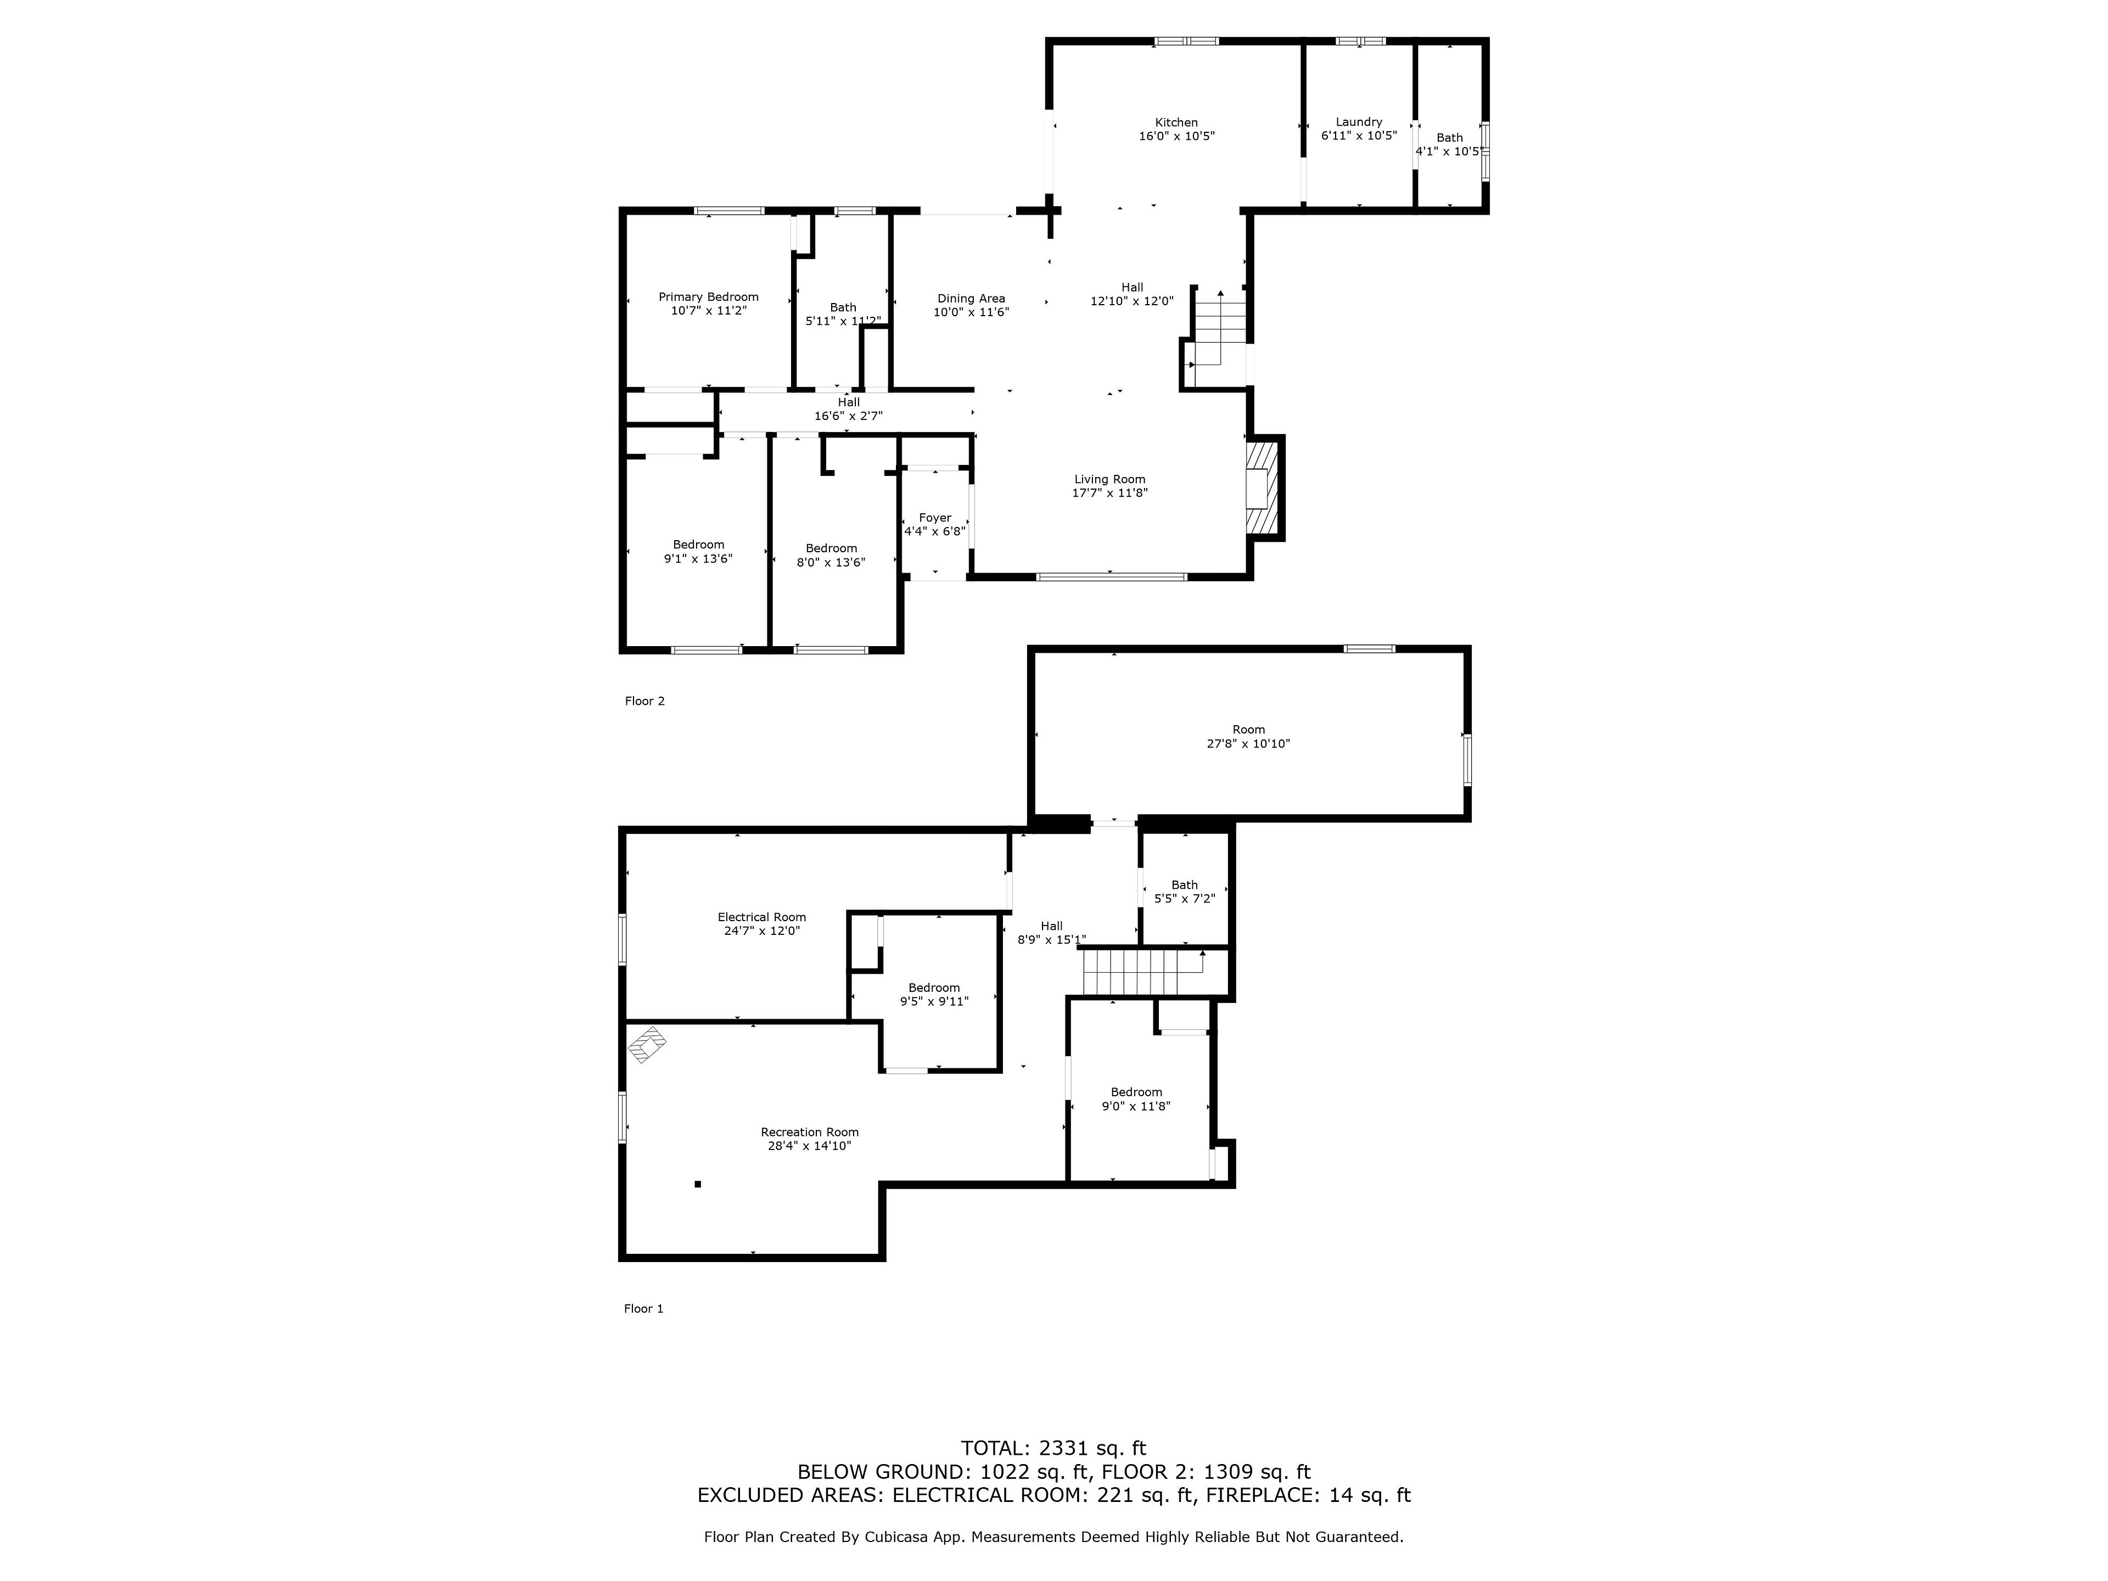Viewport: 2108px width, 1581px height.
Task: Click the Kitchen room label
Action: point(1176,122)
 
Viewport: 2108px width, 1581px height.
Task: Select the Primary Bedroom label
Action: point(708,296)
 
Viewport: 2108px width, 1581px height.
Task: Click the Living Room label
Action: point(1110,479)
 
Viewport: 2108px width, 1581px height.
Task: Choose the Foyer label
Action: point(935,518)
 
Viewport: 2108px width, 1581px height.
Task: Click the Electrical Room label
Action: point(761,917)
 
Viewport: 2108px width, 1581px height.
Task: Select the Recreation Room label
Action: point(809,1132)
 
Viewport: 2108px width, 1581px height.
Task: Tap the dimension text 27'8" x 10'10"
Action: point(1248,743)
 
